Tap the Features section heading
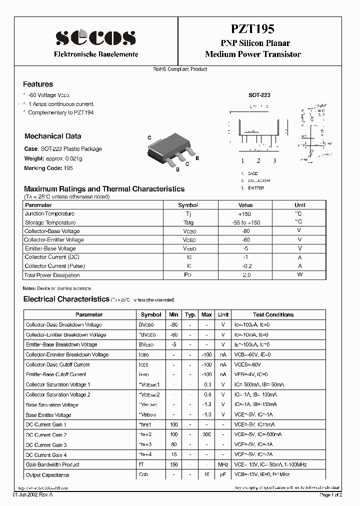tap(38, 84)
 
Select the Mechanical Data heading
tap(52, 136)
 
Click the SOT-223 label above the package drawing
tap(259, 94)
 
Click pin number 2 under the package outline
tap(258, 161)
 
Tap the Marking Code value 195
tap(68, 168)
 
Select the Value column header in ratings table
tap(245, 205)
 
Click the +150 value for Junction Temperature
tap(245, 213)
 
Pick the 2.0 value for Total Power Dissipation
tap(246, 275)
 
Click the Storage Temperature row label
tap(50, 222)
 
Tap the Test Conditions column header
tap(273, 314)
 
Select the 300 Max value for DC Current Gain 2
tap(206, 435)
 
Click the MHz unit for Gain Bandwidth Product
tap(223, 465)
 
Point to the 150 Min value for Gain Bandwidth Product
tap(173, 465)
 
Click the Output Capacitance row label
tap(47, 475)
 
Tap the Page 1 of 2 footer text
tap(330, 495)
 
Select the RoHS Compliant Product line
tap(180, 69)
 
